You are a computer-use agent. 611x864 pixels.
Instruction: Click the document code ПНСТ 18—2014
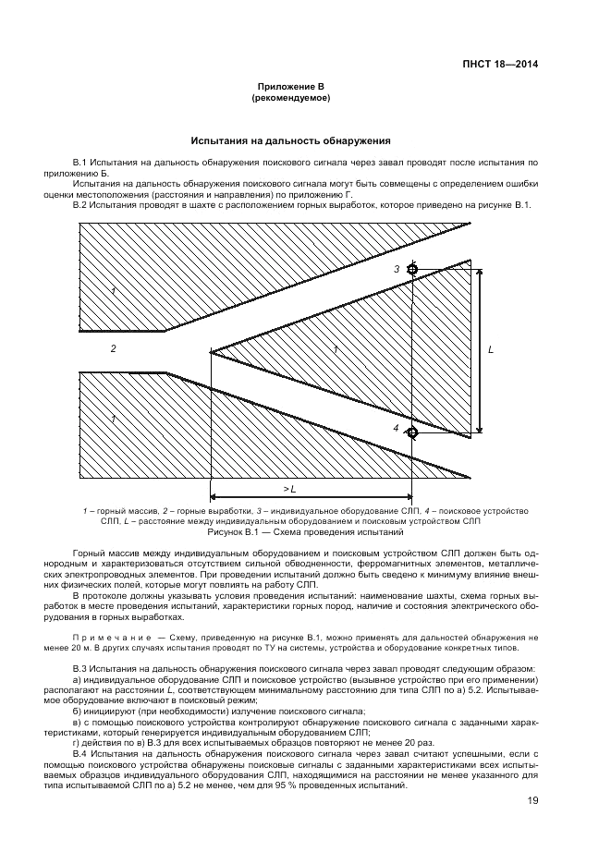(x=499, y=65)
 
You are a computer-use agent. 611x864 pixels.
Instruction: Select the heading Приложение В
(x=290, y=86)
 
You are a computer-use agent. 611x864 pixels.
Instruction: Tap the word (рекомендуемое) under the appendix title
(x=290, y=97)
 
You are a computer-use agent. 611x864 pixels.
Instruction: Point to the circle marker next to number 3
(x=412, y=270)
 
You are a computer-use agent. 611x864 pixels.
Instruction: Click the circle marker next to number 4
(x=412, y=432)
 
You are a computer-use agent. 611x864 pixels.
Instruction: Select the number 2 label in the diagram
(x=113, y=349)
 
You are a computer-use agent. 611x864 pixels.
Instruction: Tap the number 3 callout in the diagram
(x=396, y=269)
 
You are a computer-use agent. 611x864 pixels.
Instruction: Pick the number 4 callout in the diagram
(x=395, y=429)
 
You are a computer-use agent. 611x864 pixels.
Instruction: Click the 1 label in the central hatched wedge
(x=336, y=349)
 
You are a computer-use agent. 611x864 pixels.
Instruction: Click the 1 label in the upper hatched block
(x=113, y=291)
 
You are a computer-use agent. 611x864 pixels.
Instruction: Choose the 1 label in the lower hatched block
(x=113, y=419)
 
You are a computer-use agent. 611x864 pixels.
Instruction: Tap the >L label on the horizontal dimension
(x=289, y=489)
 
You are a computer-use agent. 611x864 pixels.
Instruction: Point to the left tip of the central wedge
(x=212, y=352)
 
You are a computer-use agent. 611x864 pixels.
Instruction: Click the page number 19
(x=533, y=801)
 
